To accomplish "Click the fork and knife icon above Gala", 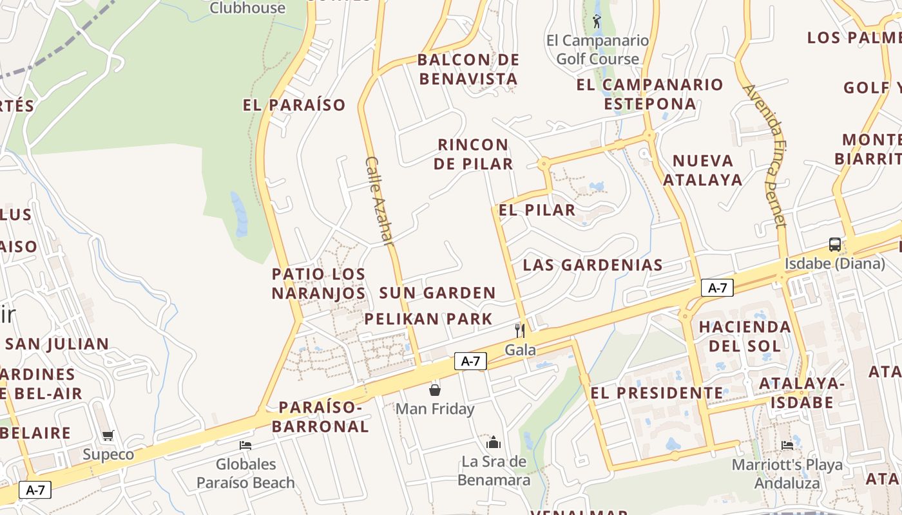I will pyautogui.click(x=520, y=330).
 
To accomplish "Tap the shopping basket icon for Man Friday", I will pyautogui.click(x=435, y=389).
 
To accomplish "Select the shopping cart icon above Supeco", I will pyautogui.click(x=108, y=435).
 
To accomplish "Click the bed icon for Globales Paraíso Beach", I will pyautogui.click(x=245, y=445).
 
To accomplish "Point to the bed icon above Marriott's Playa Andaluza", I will pyautogui.click(x=787, y=445).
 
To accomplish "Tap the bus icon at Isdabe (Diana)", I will pyautogui.click(x=835, y=244).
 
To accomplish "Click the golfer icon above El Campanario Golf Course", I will pyautogui.click(x=597, y=21).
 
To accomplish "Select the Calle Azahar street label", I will pyautogui.click(x=379, y=201).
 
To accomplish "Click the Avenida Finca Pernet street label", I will pyautogui.click(x=765, y=155).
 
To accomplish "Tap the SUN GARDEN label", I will pyautogui.click(x=437, y=293).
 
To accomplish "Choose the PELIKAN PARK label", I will pyautogui.click(x=428, y=319).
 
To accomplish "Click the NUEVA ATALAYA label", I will pyautogui.click(x=703, y=170).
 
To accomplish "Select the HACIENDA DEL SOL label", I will pyautogui.click(x=745, y=336).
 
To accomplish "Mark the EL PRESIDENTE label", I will pyautogui.click(x=657, y=393).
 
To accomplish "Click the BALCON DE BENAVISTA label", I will pyautogui.click(x=468, y=70).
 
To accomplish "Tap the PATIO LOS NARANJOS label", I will pyautogui.click(x=318, y=283).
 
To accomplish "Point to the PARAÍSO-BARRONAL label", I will pyautogui.click(x=320, y=417).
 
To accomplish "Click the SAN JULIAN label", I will pyautogui.click(x=57, y=344).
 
